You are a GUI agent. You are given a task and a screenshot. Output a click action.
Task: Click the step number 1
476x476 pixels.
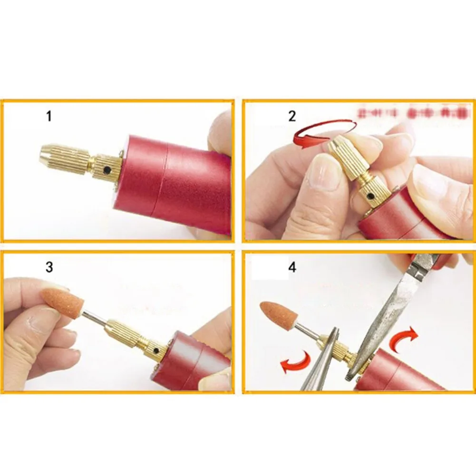click(49, 116)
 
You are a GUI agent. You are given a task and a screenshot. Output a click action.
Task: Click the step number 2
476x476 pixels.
click(292, 116)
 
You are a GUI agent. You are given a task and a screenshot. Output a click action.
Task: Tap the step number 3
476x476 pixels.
click(49, 267)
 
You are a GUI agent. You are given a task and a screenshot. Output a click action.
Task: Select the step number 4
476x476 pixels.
click(292, 267)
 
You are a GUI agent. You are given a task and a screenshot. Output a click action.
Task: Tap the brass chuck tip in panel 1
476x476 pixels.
click(48, 153)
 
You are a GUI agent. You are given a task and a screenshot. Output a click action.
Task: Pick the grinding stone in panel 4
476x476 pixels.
click(280, 317)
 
